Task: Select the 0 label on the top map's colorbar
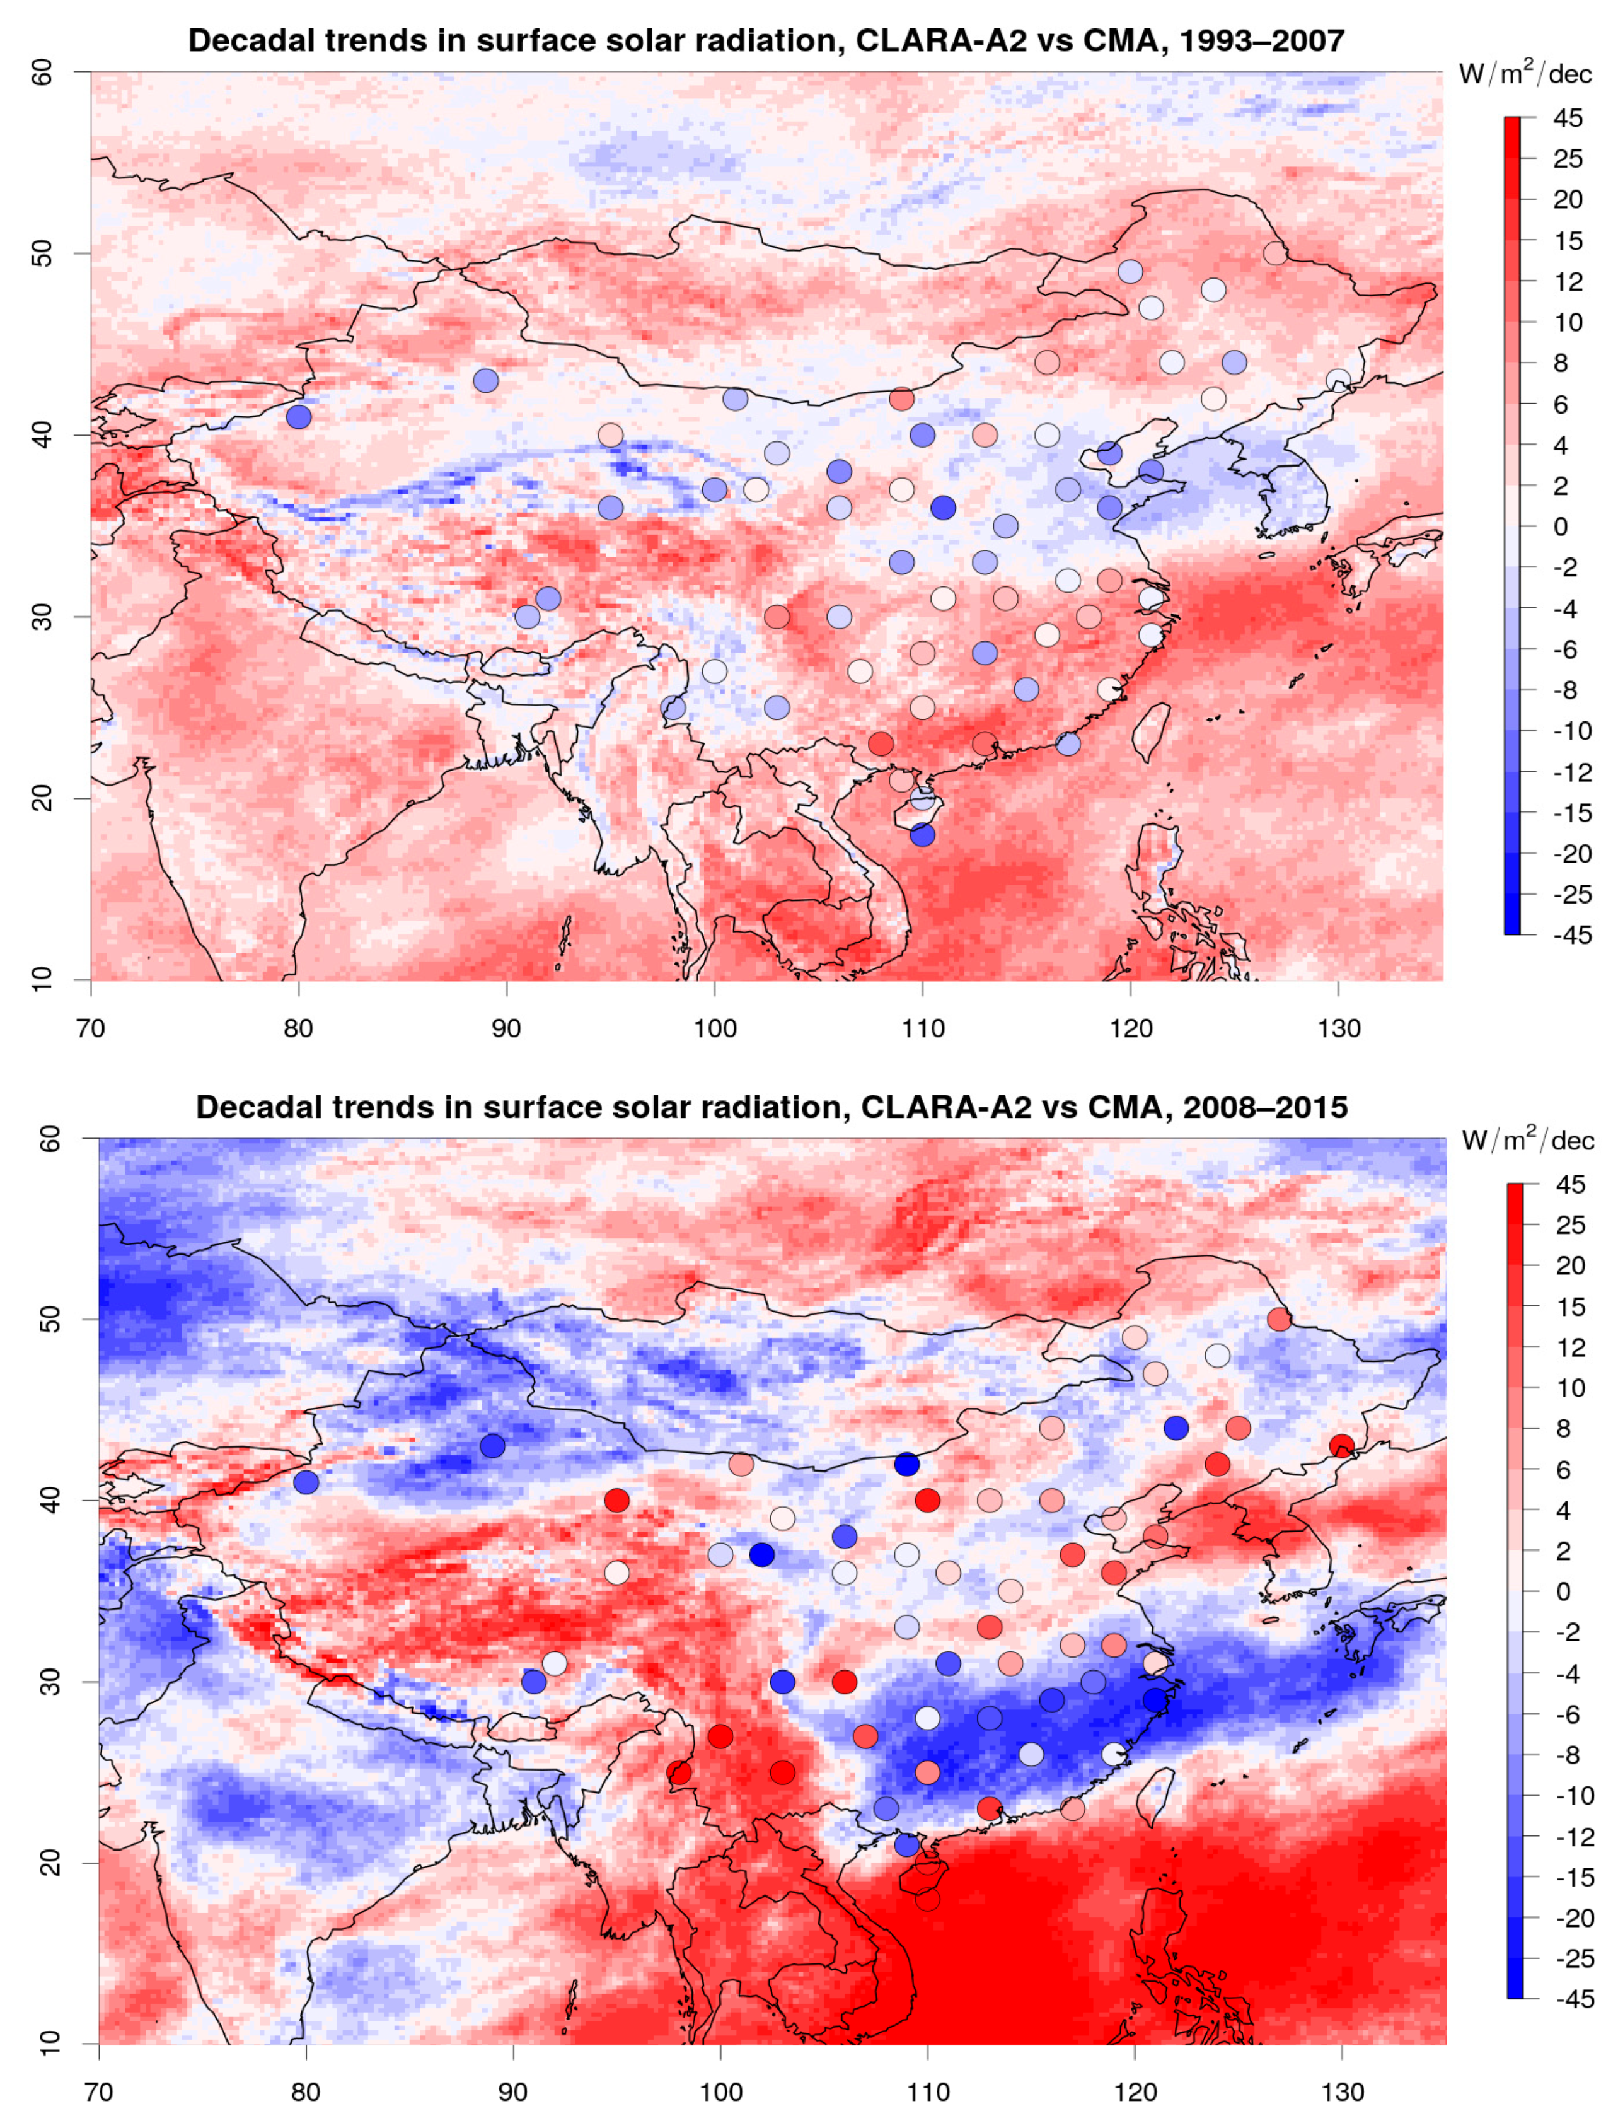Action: point(1560,526)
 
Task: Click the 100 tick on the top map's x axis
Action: point(715,1029)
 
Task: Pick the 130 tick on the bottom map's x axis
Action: point(1341,2092)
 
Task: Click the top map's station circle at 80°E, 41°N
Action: point(299,417)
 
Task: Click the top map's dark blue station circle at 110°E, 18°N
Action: point(923,834)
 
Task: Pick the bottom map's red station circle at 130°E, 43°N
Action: point(1341,1446)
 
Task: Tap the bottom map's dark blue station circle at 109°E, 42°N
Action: point(906,1464)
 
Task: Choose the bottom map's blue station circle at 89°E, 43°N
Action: point(492,1446)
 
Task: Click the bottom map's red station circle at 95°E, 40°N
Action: point(616,1501)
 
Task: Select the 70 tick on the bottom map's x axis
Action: point(99,2092)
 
